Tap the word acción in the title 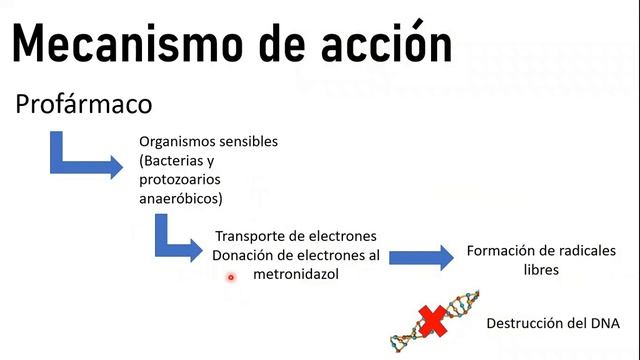[385, 45]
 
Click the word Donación [245, 255]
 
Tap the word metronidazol [296, 273]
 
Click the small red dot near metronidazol [231, 277]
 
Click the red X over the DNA [433, 321]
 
